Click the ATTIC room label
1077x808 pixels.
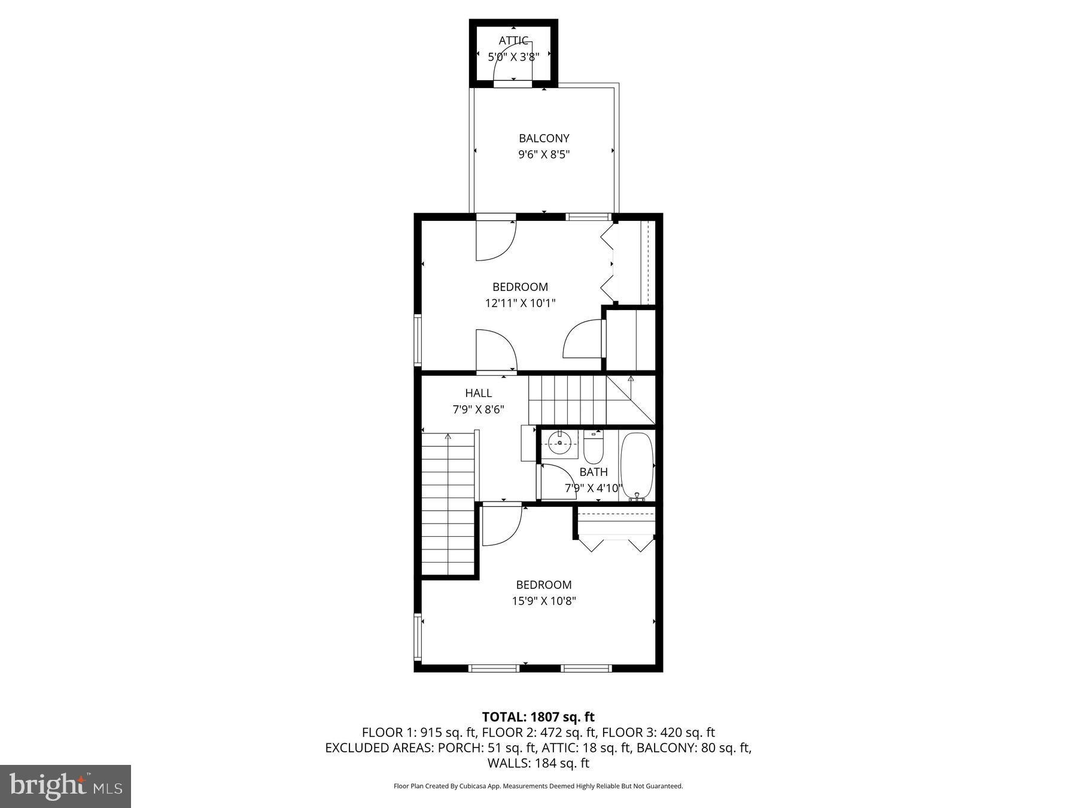(513, 41)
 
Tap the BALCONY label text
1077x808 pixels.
(543, 138)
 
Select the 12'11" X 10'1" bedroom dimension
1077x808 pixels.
(520, 303)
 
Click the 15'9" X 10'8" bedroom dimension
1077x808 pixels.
(543, 601)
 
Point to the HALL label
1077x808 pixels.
(478, 393)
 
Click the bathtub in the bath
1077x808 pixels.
(636, 466)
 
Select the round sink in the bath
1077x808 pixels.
(559, 444)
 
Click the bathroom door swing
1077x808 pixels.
(556, 481)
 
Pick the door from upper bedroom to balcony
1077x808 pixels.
(494, 239)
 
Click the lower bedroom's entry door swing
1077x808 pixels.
(500, 525)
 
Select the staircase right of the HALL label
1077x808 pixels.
(567, 399)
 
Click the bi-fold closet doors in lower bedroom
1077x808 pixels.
(615, 544)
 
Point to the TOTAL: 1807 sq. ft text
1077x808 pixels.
(538, 716)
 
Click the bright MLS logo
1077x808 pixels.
(65, 786)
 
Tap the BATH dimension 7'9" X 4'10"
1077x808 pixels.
(593, 488)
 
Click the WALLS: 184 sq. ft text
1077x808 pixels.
(538, 763)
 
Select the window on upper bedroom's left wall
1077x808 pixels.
(418, 340)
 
